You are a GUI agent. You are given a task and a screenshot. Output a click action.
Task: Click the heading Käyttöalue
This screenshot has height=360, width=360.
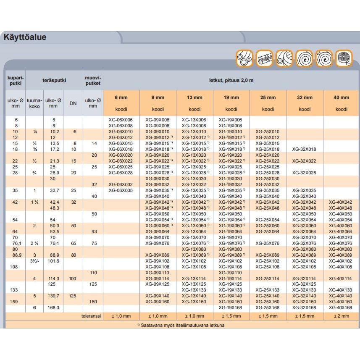(x=25, y=37)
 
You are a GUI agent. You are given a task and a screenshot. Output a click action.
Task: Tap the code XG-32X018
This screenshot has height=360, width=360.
(x=305, y=149)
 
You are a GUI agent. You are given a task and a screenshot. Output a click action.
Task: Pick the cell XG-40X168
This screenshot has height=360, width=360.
(x=341, y=308)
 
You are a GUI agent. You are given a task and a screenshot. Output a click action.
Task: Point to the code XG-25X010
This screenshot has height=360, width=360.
(x=268, y=131)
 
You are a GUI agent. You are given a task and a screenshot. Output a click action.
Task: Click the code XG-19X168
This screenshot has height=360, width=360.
(x=231, y=308)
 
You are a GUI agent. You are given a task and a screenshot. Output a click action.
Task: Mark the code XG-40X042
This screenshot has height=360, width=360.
(x=341, y=202)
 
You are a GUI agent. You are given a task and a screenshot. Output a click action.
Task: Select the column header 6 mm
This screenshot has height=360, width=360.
(x=121, y=97)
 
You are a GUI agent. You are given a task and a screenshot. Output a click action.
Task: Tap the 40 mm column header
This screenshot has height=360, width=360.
(x=341, y=97)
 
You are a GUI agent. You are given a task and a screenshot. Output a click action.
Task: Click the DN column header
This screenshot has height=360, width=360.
(x=73, y=102)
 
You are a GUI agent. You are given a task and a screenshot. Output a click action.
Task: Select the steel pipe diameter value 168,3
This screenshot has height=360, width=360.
(x=53, y=308)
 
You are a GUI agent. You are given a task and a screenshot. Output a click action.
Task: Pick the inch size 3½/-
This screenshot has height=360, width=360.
(x=34, y=261)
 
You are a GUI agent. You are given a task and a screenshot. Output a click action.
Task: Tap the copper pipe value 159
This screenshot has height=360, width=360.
(x=13, y=302)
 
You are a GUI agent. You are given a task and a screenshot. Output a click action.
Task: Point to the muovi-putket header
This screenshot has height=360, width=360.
(x=93, y=79)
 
